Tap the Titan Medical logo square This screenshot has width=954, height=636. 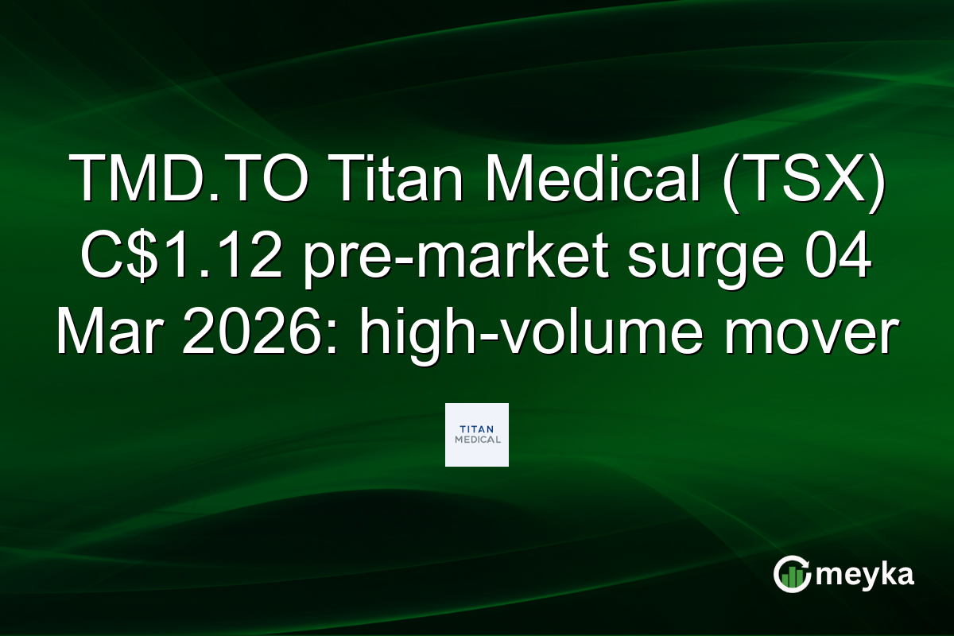coord(477,435)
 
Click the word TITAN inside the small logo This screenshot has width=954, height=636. coord(477,428)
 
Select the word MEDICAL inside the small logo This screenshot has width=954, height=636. coord(477,440)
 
